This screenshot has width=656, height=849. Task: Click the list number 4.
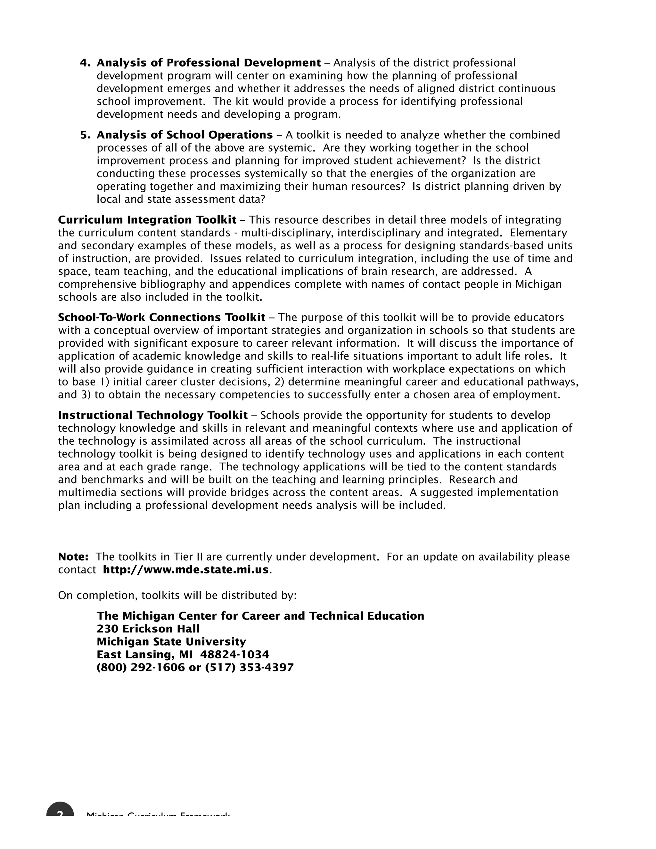pyautogui.click(x=85, y=63)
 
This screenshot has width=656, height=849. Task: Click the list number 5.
pyautogui.click(x=85, y=135)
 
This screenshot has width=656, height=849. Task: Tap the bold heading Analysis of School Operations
pyautogui.click(x=184, y=135)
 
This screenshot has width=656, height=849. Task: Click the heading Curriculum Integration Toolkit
pyautogui.click(x=147, y=220)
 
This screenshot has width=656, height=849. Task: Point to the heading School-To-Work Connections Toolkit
pyautogui.click(x=162, y=317)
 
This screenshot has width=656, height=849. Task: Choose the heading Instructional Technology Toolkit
pyautogui.click(x=153, y=415)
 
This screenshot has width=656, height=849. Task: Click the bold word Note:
pyautogui.click(x=73, y=557)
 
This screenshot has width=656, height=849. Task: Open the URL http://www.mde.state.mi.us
pyautogui.click(x=186, y=570)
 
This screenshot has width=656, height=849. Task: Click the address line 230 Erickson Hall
pyautogui.click(x=148, y=629)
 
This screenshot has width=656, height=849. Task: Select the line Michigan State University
pyautogui.click(x=171, y=641)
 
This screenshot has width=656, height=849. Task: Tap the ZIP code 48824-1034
pyautogui.click(x=234, y=654)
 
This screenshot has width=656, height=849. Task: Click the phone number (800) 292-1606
pyautogui.click(x=141, y=667)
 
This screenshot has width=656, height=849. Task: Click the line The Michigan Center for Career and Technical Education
pyautogui.click(x=260, y=616)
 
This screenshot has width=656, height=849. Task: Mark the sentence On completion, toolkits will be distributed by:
pyautogui.click(x=177, y=595)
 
